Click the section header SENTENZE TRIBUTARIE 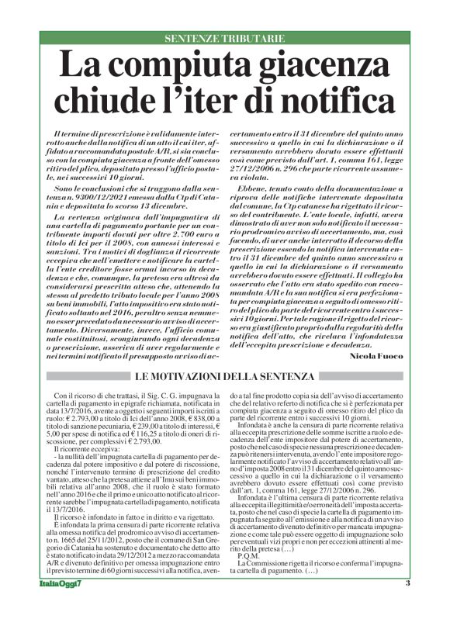224,38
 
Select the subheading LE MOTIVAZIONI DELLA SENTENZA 224,376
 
